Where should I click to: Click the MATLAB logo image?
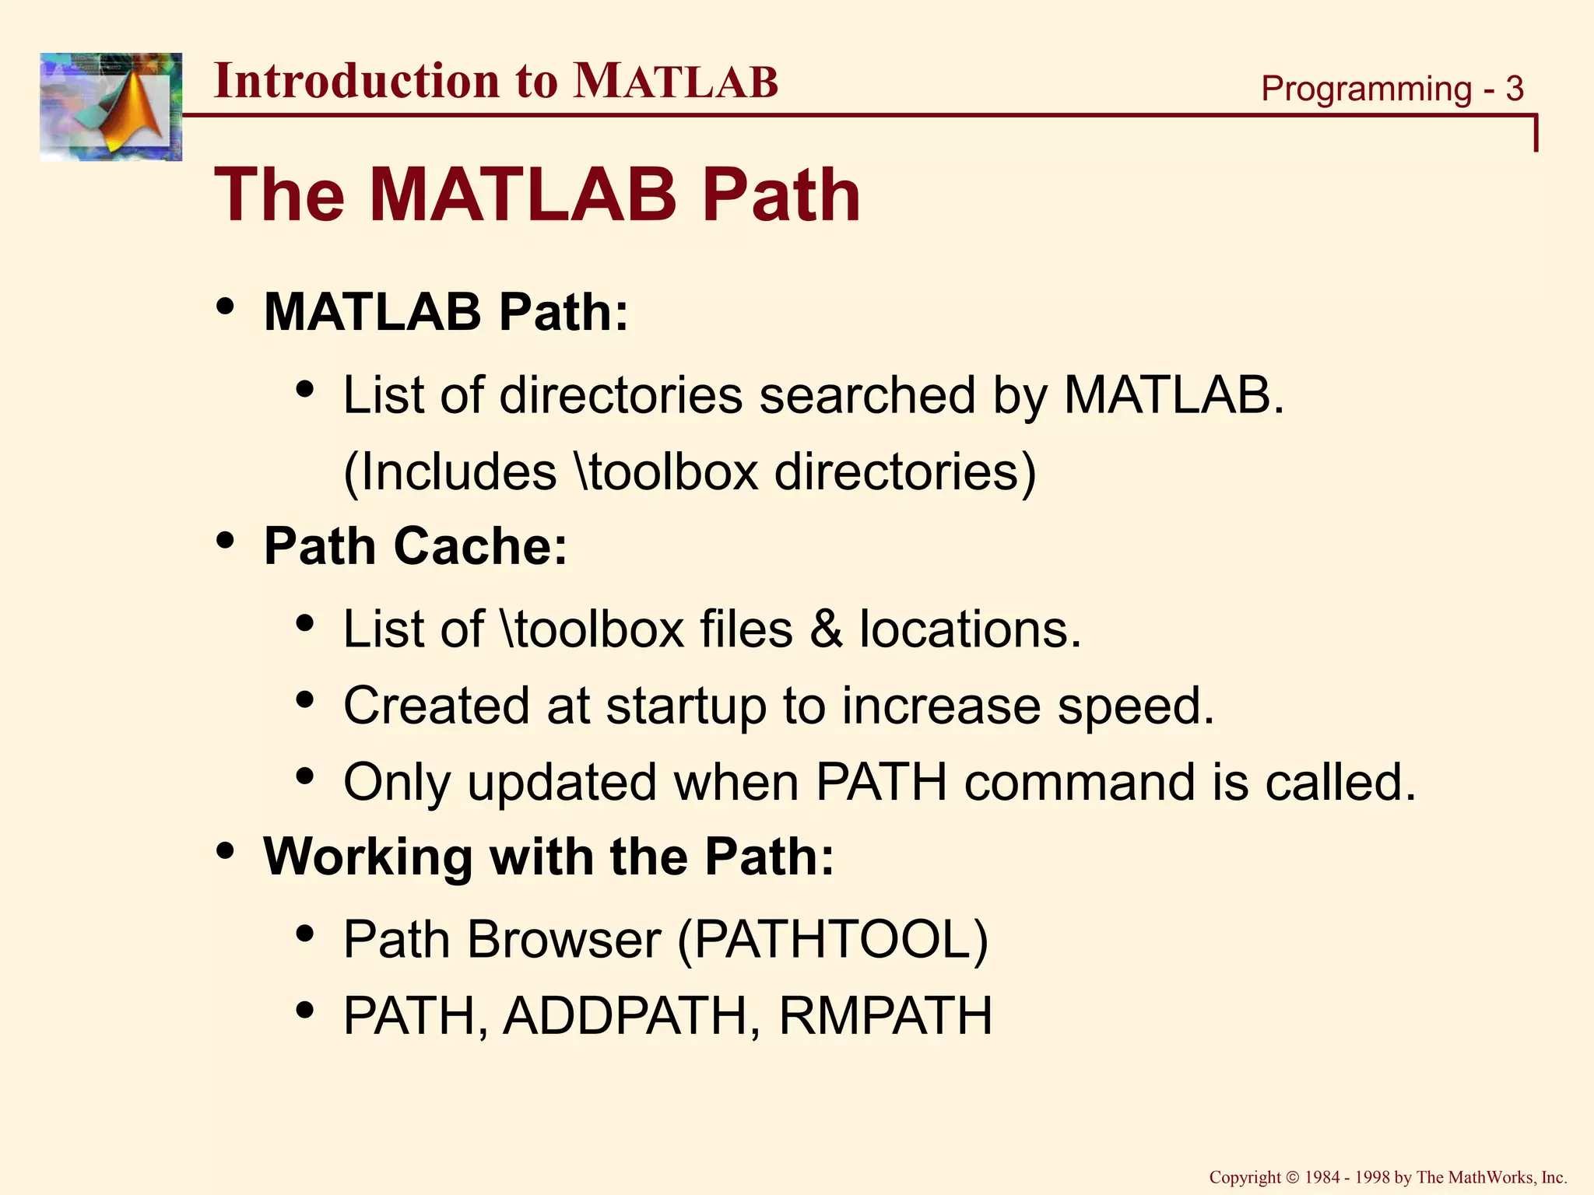(111, 107)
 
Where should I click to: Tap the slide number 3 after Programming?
(1514, 89)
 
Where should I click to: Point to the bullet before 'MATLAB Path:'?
(226, 307)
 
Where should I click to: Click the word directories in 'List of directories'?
(620, 395)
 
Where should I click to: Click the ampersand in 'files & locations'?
(826, 629)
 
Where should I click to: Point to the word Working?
(367, 857)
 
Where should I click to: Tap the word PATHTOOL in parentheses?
(832, 939)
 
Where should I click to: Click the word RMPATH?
(885, 1015)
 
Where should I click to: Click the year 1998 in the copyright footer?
(1372, 1177)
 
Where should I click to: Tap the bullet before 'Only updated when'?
(305, 776)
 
